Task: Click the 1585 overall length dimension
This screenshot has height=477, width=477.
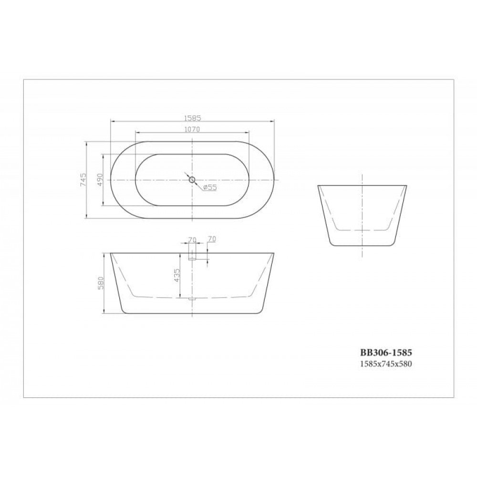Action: pos(192,118)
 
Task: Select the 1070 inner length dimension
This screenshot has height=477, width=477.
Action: pos(192,129)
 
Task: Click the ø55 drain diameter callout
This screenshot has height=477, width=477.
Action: pos(209,187)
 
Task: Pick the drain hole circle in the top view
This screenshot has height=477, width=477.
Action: pos(192,179)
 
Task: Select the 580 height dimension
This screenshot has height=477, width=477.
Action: pos(101,283)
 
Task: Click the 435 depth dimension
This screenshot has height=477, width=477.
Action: pos(177,275)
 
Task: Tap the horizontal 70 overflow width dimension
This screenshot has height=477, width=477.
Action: pos(192,239)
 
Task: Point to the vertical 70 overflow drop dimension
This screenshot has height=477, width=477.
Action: pos(212,239)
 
